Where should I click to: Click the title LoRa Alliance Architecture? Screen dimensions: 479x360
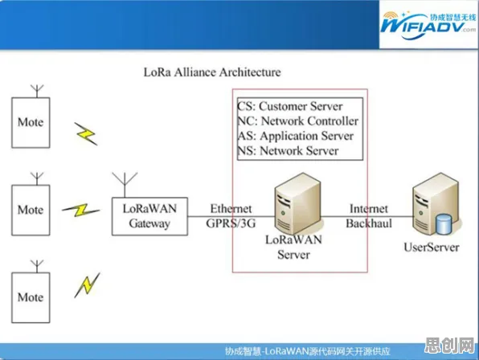212,72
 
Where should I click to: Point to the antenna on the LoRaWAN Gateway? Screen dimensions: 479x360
125,185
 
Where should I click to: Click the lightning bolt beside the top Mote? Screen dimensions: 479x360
86,133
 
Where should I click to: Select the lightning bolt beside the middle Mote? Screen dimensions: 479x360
81,210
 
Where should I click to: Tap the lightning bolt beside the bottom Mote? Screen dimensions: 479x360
88,285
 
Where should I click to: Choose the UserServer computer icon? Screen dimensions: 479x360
436,203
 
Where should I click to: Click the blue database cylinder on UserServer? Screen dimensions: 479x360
444,224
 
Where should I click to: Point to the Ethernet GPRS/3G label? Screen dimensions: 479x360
231,216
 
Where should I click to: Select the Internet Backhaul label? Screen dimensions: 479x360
369,216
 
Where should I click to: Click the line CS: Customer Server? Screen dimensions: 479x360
290,106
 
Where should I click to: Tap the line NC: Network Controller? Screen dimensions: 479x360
298,121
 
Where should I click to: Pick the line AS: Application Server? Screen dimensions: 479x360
296,136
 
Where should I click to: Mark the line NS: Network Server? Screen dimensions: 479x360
288,150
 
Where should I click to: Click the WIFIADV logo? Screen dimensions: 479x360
428,25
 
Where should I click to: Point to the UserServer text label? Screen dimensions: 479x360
432,247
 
